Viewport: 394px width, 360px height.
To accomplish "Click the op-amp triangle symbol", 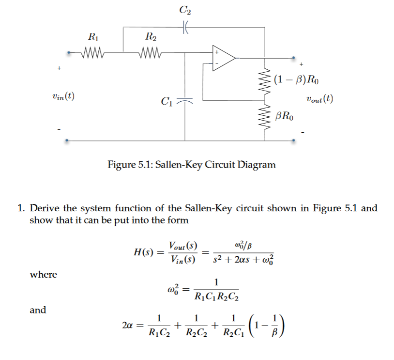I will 223,58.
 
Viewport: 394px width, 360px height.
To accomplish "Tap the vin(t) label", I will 63,96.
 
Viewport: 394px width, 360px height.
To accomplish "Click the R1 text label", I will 91,35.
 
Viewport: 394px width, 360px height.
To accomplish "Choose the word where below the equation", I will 43,275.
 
